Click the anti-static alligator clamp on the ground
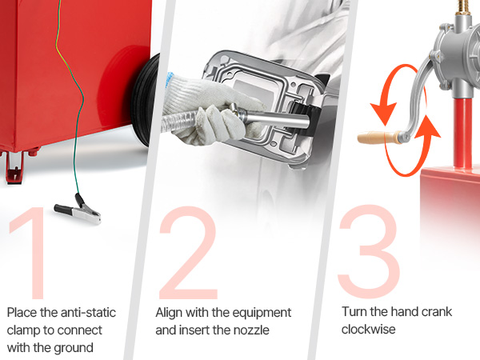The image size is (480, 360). point(78,210)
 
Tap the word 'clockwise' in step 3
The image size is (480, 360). point(369,330)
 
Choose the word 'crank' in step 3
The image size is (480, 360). point(437,312)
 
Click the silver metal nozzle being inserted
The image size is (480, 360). point(270,118)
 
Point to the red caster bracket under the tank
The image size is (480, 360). point(14,167)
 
